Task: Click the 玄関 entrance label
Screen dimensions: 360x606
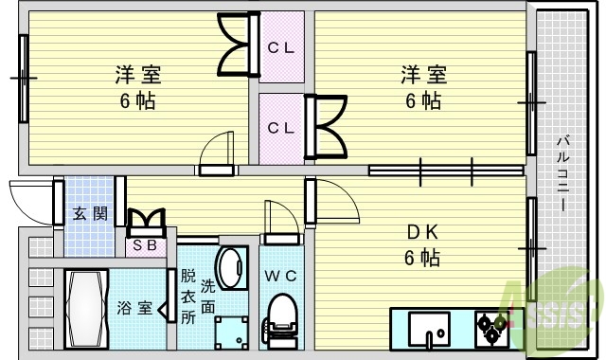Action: click(x=90, y=213)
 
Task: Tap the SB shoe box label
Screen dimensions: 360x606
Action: click(x=147, y=245)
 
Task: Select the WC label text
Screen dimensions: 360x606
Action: click(x=281, y=276)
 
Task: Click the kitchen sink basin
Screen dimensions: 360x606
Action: click(x=431, y=330)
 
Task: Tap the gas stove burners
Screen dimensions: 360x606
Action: click(x=492, y=328)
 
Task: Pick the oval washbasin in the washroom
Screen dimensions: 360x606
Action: click(x=229, y=262)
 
